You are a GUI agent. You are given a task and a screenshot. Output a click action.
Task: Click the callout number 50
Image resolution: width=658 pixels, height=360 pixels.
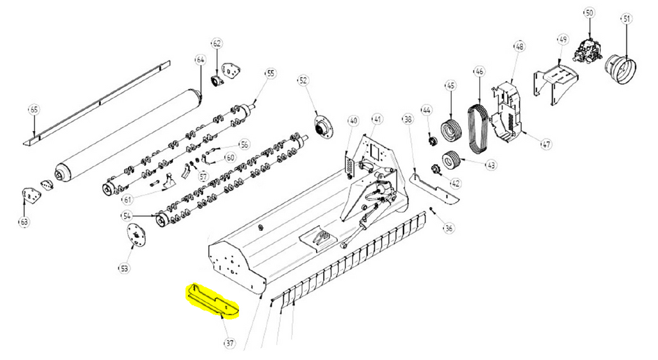pos(589,13)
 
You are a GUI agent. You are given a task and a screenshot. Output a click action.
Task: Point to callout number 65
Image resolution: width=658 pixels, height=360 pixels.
pos(33,110)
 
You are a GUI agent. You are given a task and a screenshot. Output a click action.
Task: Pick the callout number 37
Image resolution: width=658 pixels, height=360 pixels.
pos(229,343)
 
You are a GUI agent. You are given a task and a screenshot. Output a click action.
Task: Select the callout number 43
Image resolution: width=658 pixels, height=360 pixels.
pos(491,166)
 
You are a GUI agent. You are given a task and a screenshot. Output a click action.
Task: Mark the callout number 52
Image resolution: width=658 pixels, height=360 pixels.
pos(303,80)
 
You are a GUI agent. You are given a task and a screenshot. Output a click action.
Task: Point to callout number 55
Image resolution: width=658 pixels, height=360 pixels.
pos(271,74)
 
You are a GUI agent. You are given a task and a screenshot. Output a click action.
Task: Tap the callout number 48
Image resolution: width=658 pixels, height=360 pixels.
pos(519,46)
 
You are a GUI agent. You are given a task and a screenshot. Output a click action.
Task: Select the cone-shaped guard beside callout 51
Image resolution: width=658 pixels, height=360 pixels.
pos(621,66)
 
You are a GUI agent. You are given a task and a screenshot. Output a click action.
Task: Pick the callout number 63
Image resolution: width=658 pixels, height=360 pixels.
pos(24,222)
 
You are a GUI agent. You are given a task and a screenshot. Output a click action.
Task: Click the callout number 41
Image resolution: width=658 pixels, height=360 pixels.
pos(377,119)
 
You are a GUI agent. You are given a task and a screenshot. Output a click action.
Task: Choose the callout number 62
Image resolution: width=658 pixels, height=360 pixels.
pos(217,44)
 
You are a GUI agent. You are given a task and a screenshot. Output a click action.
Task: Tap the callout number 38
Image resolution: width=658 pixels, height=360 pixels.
pos(407,120)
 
